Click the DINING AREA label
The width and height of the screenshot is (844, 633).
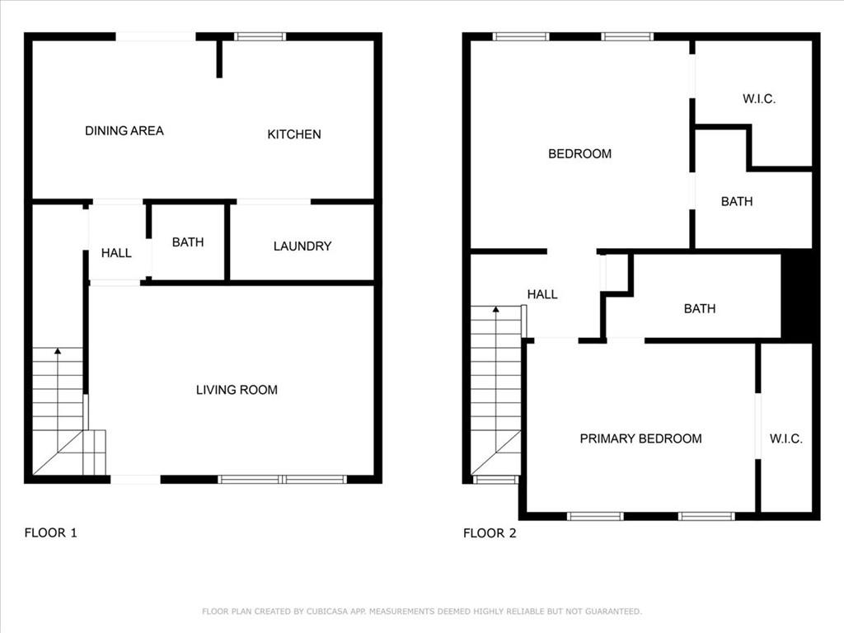[124, 131]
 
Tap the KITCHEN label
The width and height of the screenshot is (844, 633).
[294, 134]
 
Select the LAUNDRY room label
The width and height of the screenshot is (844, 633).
[302, 246]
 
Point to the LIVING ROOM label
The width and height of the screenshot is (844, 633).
[237, 390]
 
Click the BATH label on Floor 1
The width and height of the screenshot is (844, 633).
[188, 242]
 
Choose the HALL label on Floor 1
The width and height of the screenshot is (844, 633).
[116, 253]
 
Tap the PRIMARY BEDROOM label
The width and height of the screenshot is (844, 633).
[640, 438]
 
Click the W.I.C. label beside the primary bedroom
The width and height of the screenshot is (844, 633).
[785, 438]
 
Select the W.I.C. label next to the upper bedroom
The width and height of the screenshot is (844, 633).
[759, 99]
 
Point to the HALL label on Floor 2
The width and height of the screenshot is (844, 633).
[542, 294]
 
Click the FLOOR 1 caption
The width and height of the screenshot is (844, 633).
[50, 533]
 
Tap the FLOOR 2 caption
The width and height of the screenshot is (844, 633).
[490, 533]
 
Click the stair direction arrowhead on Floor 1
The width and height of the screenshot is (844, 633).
[58, 351]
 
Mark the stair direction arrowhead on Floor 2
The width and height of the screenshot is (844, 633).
[495, 310]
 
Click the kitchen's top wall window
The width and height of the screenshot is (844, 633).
[260, 36]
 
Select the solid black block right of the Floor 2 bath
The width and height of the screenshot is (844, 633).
[799, 295]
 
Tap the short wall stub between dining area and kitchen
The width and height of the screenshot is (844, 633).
[219, 59]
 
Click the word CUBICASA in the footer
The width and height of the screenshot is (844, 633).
[327, 612]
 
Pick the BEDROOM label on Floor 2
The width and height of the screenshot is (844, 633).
[579, 154]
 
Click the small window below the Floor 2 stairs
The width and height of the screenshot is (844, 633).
[495, 480]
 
